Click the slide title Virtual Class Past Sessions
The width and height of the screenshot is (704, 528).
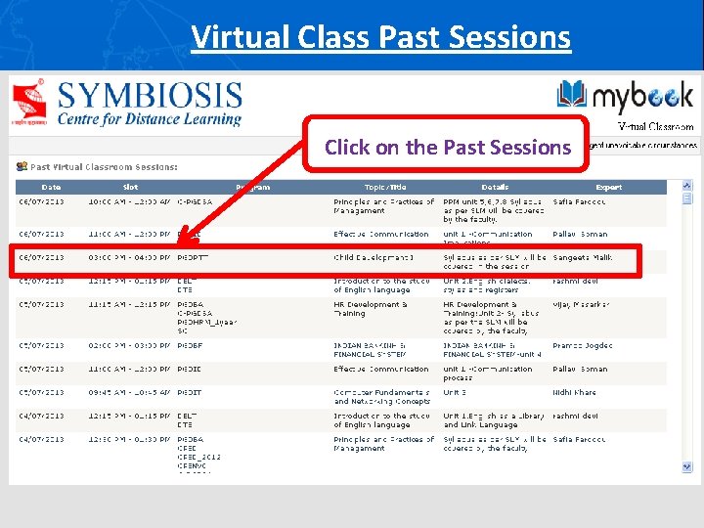380,37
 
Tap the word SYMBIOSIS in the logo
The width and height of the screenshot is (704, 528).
149,96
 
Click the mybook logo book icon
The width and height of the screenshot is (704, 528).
573,95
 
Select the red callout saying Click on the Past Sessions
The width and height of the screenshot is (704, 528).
447,147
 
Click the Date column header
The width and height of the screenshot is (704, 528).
50,187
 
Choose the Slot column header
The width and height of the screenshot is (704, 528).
130,187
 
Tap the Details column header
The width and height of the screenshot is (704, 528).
495,187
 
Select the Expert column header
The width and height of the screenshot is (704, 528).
608,187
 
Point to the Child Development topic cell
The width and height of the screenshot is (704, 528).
374,258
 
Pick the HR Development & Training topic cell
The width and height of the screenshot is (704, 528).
371,309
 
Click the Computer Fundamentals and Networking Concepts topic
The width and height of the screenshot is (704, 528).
381,397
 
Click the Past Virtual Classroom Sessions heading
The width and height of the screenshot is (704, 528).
104,167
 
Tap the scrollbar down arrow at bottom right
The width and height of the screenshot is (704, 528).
687,476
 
